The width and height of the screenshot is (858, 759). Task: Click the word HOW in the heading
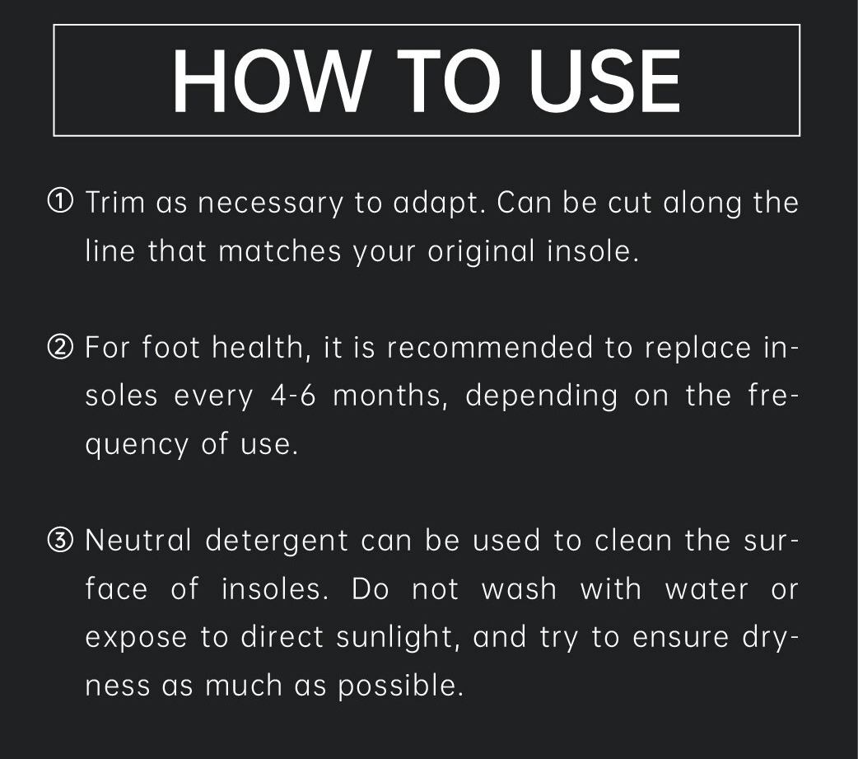tap(269, 81)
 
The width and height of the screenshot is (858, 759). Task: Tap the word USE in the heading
tap(605, 81)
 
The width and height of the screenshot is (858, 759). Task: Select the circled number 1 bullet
tap(60, 202)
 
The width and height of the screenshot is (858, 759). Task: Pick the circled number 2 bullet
tap(60, 347)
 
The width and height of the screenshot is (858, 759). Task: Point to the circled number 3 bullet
tap(60, 540)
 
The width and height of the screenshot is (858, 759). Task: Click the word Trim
tap(115, 202)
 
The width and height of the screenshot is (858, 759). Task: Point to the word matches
tap(280, 251)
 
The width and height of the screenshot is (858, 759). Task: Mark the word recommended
tap(490, 348)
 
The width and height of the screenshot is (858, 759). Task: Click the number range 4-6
tap(293, 396)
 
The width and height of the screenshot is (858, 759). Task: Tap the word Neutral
tap(138, 540)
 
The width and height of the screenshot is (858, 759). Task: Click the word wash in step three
tap(519, 589)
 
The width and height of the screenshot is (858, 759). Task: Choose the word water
tap(706, 590)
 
